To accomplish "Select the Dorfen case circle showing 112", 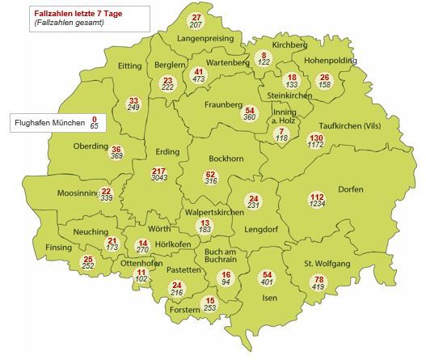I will coord(316,201).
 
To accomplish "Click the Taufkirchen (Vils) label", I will coord(349,126).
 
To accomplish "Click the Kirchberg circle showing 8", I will coord(264,58).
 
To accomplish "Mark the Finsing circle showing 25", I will coord(88,262).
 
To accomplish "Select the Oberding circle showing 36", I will coord(116,153).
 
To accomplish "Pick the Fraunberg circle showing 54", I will coord(250,114).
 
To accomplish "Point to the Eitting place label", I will coord(129,66).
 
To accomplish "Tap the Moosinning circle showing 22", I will coord(106,195).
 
